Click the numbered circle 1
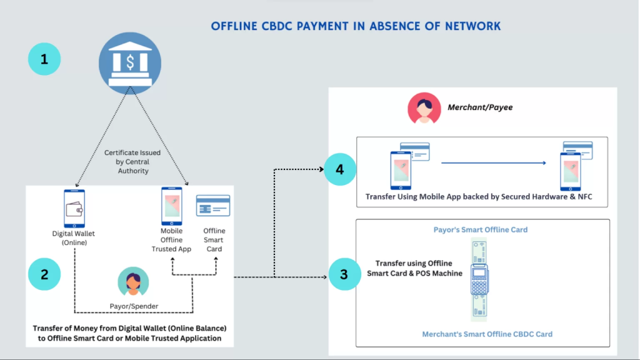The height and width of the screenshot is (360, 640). click(x=44, y=59)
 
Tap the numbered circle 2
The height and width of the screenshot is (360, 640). click(x=44, y=274)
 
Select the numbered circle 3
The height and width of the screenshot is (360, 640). click(x=344, y=274)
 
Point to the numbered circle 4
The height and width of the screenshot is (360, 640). click(x=340, y=169)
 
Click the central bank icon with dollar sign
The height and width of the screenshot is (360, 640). click(x=130, y=63)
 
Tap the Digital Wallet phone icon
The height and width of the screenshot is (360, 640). click(x=74, y=209)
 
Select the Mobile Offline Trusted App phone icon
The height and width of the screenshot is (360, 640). click(x=172, y=206)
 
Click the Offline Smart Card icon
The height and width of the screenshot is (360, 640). click(x=213, y=205)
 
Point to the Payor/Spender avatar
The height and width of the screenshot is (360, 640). click(x=133, y=282)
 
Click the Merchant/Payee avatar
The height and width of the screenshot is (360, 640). click(x=424, y=108)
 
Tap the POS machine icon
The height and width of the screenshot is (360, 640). click(x=479, y=279)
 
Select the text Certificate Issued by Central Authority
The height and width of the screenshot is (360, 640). click(x=132, y=162)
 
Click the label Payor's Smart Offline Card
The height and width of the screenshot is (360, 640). click(x=481, y=230)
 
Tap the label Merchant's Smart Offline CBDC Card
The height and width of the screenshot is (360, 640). click(x=487, y=334)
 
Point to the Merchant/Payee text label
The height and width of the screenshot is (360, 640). click(x=480, y=107)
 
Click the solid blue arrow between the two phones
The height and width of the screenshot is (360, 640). click(x=494, y=163)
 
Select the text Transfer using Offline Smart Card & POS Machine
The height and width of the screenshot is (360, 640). click(x=415, y=268)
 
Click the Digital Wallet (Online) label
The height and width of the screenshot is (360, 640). click(x=74, y=238)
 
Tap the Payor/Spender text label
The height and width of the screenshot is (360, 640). click(x=134, y=306)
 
